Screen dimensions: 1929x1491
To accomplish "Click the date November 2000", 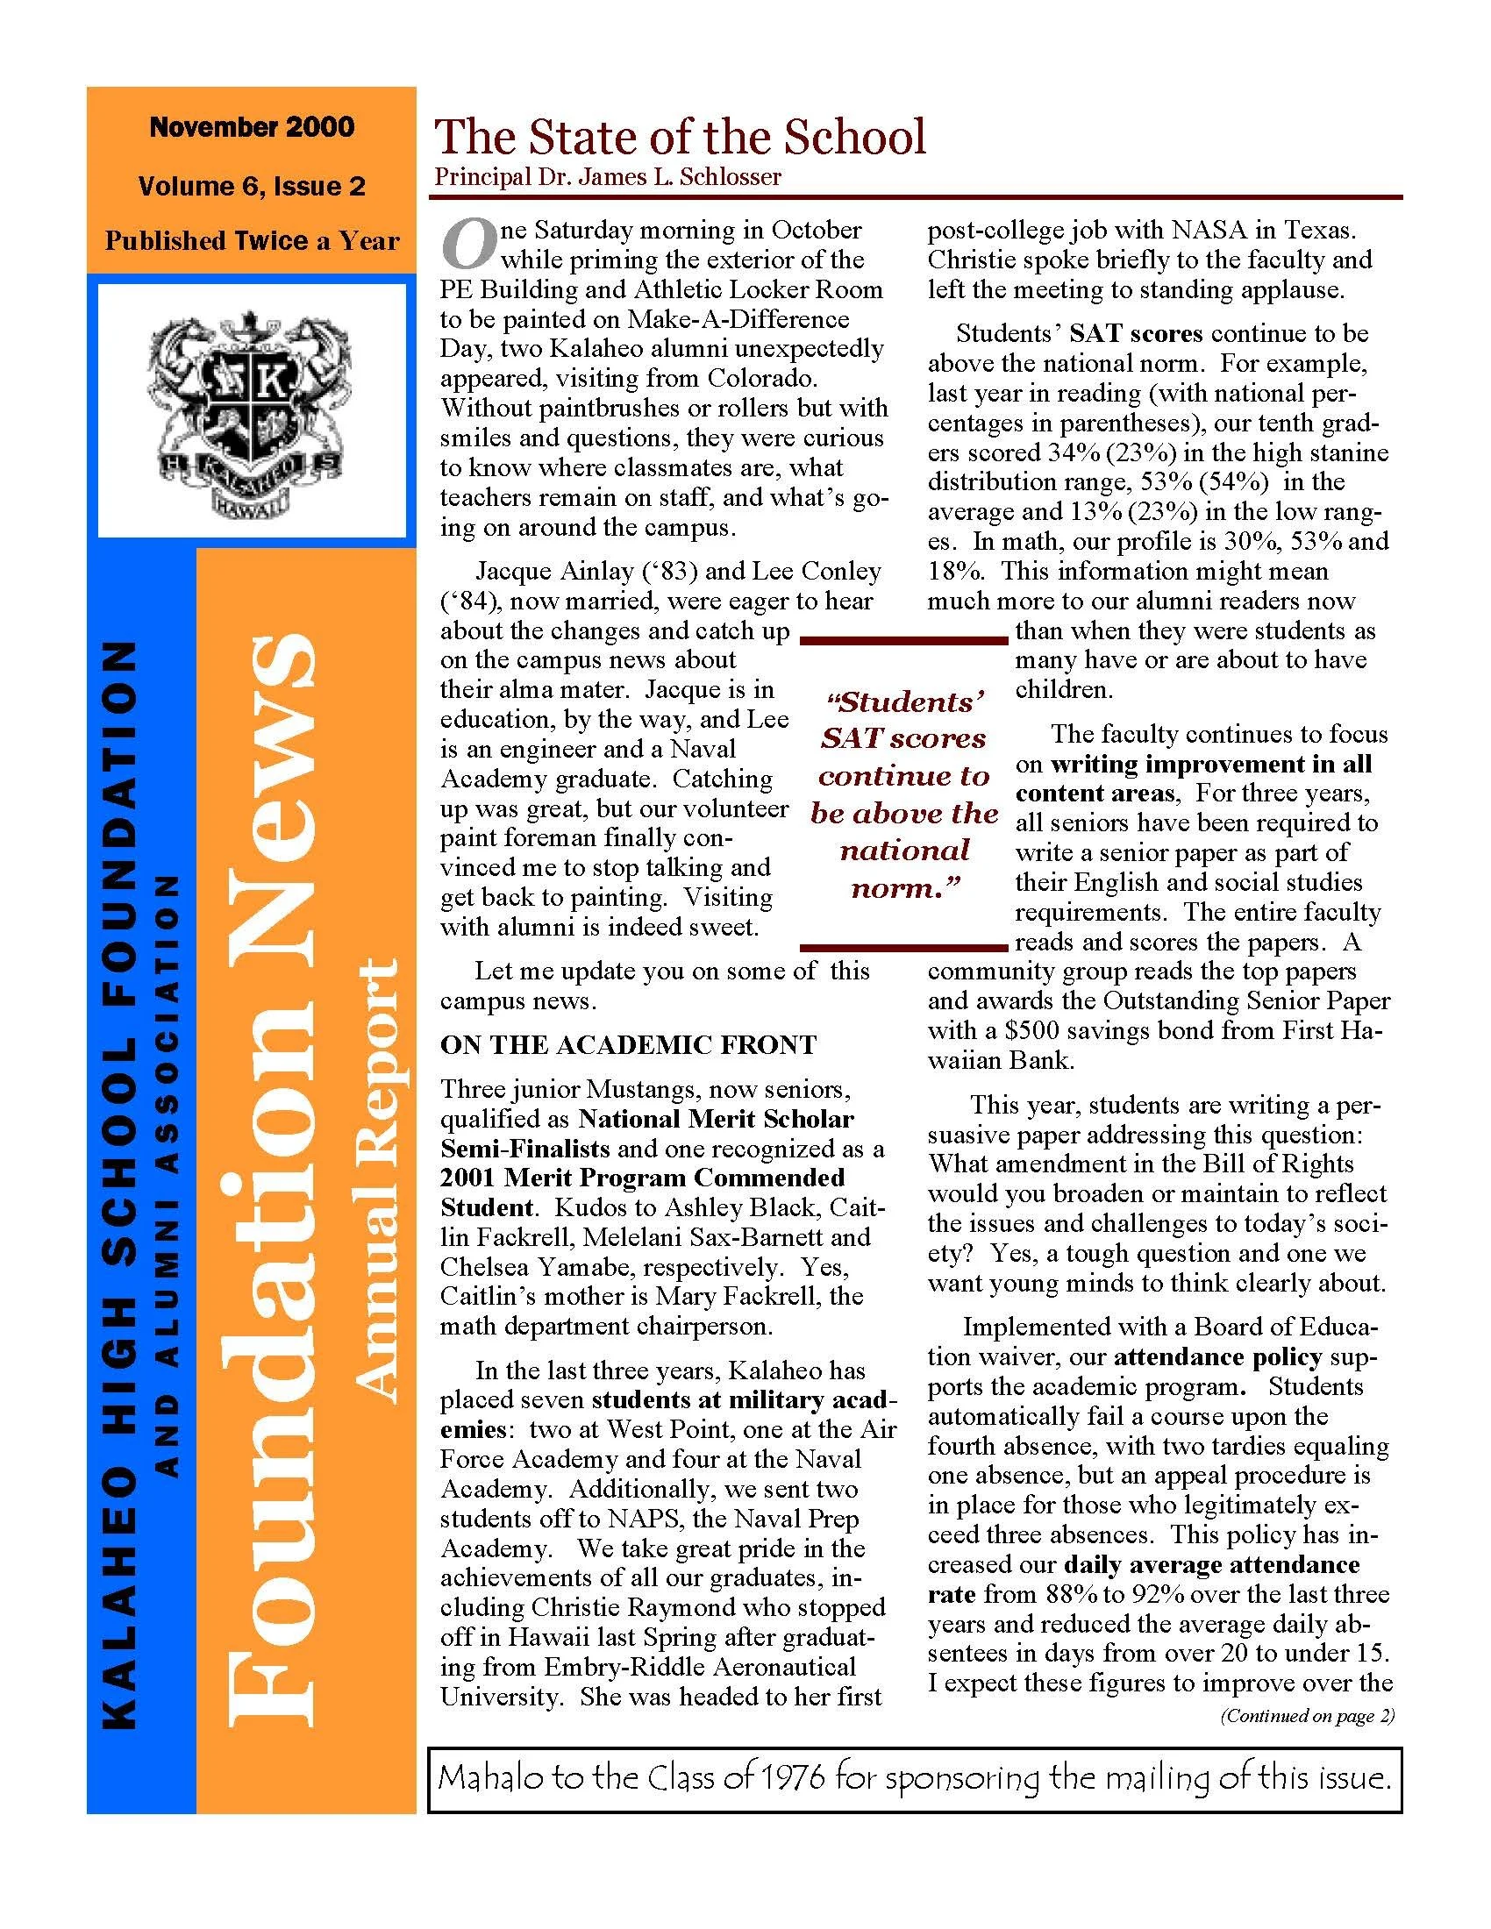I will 252,127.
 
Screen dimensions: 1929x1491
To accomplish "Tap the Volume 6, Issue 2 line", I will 252,186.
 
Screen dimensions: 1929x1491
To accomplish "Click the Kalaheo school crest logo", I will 252,411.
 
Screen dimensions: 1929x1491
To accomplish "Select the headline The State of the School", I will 679,138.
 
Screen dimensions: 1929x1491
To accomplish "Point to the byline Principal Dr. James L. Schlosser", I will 607,176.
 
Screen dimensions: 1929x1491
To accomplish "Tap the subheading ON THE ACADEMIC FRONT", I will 628,1045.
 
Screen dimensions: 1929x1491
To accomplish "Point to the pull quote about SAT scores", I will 904,795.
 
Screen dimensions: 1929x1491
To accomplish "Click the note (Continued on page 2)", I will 1307,1716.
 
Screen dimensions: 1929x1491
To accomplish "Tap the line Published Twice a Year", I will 252,241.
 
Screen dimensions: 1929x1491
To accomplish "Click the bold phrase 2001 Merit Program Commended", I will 642,1178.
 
